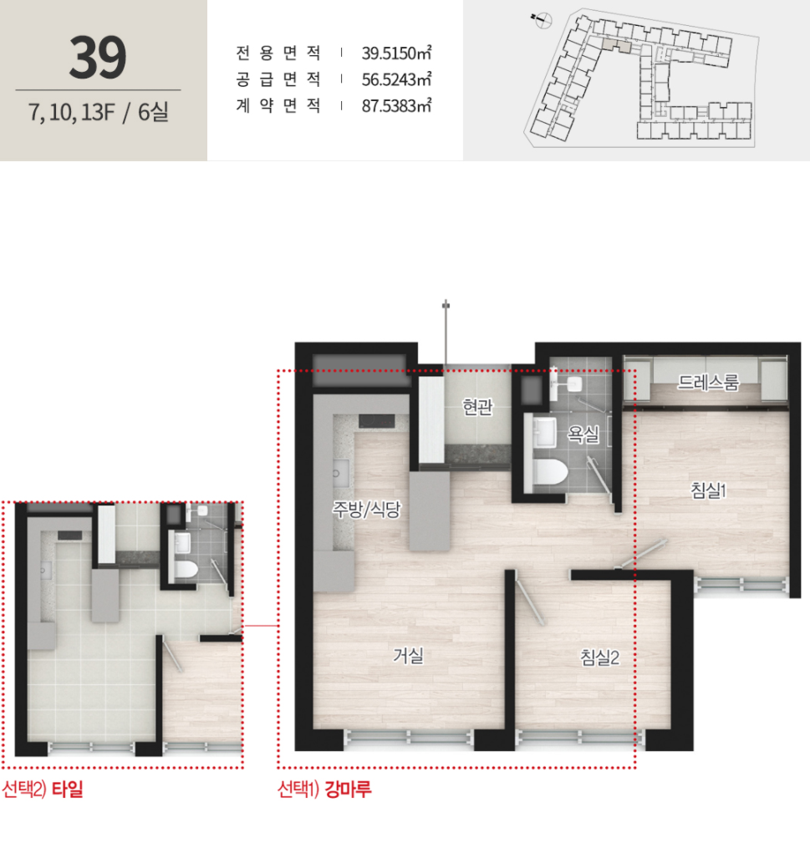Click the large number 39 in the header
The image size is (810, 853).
point(98,57)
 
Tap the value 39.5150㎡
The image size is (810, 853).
point(397,53)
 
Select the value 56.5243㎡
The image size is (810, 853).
point(397,79)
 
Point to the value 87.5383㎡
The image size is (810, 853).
point(397,105)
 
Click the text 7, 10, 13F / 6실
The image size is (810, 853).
point(99,112)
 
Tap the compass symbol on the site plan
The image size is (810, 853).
point(543,21)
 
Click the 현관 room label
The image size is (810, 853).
point(477,406)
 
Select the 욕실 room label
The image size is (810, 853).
point(583,434)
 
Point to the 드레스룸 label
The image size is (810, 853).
point(708,383)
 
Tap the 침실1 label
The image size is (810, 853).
point(708,490)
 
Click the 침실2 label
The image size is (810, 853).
point(600,658)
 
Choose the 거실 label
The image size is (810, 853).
point(408,655)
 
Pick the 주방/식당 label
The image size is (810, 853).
point(367,509)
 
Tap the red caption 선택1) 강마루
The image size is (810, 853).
point(324,789)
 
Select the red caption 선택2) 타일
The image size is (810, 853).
point(43,789)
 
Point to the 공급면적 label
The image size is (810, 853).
point(278,79)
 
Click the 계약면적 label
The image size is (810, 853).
point(278,105)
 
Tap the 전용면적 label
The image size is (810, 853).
point(278,53)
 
